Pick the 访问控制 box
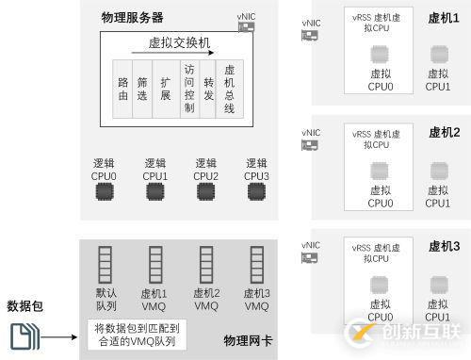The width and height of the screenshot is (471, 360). click(x=189, y=89)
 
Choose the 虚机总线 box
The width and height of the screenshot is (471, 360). click(x=229, y=89)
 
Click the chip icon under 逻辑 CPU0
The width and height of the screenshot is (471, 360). click(x=104, y=191)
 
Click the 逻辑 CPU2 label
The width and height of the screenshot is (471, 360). click(x=205, y=169)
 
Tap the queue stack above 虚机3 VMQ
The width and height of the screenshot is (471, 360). click(x=256, y=265)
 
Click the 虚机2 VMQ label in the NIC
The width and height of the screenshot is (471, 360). click(x=205, y=300)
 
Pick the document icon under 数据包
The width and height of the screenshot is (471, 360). click(x=24, y=335)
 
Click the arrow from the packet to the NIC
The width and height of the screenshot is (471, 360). click(x=59, y=336)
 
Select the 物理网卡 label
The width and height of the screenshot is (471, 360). click(x=248, y=340)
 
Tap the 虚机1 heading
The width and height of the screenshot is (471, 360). click(x=443, y=19)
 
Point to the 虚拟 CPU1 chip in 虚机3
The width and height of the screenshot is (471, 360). click(x=438, y=285)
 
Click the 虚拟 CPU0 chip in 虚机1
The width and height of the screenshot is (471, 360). click(x=381, y=55)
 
